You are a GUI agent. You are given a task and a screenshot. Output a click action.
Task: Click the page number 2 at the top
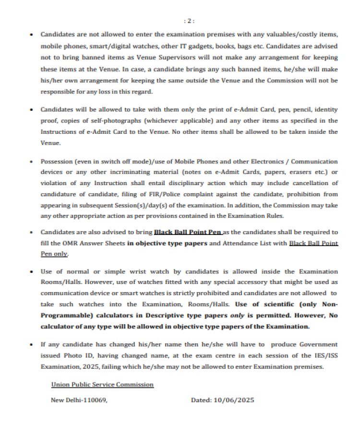pyautogui.click(x=190, y=21)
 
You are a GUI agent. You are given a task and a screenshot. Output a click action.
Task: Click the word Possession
pyautogui.click(x=56, y=162)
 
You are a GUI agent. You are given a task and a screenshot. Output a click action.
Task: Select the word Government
pyautogui.click(x=315, y=345)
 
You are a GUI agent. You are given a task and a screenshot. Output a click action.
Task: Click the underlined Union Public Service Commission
pyautogui.click(x=102, y=385)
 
